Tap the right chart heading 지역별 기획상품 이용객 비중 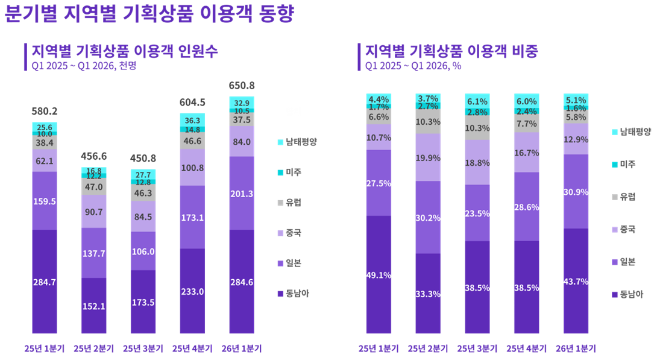451,51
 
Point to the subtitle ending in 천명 84,66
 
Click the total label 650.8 241,85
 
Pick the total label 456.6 93,156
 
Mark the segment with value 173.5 143,302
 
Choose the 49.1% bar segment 379,275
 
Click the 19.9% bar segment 427,157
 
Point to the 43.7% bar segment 576,281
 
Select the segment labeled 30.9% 576,191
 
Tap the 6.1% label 477,101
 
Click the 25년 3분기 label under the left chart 143,349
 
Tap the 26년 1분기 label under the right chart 576,349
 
